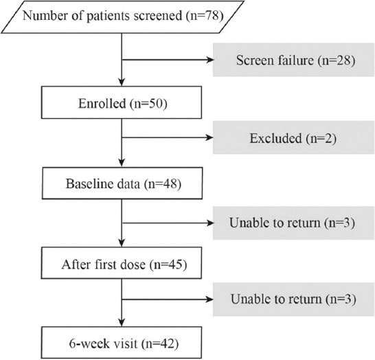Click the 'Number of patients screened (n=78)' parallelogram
122,17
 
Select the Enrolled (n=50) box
122,102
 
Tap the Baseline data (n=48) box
122,183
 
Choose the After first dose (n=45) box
122,263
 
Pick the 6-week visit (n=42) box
122,343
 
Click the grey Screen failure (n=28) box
294,60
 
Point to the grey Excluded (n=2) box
294,137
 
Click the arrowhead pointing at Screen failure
209,60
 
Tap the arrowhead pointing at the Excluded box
209,137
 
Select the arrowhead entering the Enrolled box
122,82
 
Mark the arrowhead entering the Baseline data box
122,163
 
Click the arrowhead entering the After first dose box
122,243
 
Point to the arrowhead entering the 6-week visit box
122,322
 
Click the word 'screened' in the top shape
158,16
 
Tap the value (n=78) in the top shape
205,16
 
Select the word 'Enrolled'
102,104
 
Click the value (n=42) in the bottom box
160,344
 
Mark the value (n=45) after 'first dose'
168,265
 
